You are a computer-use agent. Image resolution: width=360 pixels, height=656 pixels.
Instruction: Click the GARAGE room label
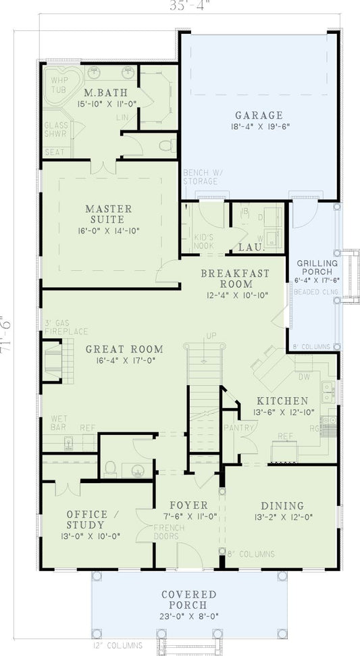point(259,115)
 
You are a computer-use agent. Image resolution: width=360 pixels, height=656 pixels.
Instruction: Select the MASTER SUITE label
point(108,214)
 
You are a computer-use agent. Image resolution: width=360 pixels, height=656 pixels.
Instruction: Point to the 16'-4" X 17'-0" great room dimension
point(124,362)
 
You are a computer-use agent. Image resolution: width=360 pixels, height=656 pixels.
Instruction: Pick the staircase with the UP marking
point(203,378)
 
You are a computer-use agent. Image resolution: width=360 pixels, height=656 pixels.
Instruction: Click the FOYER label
point(188,505)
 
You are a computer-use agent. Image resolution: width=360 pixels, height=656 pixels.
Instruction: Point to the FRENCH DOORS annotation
point(165,532)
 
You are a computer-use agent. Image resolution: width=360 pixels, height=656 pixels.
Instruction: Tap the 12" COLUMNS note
point(119,643)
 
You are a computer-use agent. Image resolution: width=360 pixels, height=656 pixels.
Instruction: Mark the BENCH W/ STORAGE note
point(200,177)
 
